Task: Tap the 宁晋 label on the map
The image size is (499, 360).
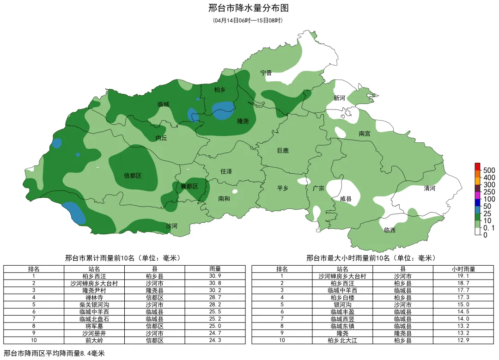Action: click(x=266, y=73)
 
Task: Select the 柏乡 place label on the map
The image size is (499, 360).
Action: click(x=219, y=90)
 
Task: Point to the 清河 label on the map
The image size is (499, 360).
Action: click(x=430, y=189)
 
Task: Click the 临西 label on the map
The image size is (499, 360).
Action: click(x=389, y=230)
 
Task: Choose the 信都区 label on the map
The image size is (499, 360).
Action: click(x=133, y=176)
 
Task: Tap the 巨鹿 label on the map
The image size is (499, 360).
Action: click(x=282, y=151)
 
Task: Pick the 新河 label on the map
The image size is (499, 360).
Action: click(x=339, y=98)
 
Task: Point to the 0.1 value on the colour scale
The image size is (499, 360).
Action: click(x=489, y=228)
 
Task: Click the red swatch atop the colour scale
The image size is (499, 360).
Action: click(x=478, y=166)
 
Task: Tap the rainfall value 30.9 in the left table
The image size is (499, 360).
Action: click(x=215, y=276)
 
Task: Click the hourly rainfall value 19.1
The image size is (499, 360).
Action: click(x=463, y=276)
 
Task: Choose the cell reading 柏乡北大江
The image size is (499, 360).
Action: click(x=342, y=341)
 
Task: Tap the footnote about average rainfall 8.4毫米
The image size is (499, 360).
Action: click(x=55, y=354)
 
